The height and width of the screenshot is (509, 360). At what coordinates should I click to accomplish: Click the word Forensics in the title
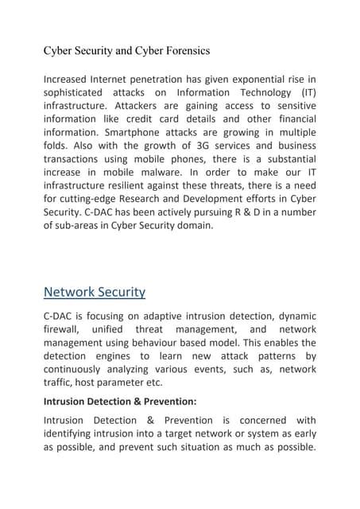[x=184, y=51]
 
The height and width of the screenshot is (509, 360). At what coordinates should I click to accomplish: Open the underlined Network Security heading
[x=94, y=292]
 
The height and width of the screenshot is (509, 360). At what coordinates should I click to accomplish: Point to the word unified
[x=109, y=328]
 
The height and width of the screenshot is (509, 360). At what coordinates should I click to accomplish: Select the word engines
[x=119, y=356]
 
